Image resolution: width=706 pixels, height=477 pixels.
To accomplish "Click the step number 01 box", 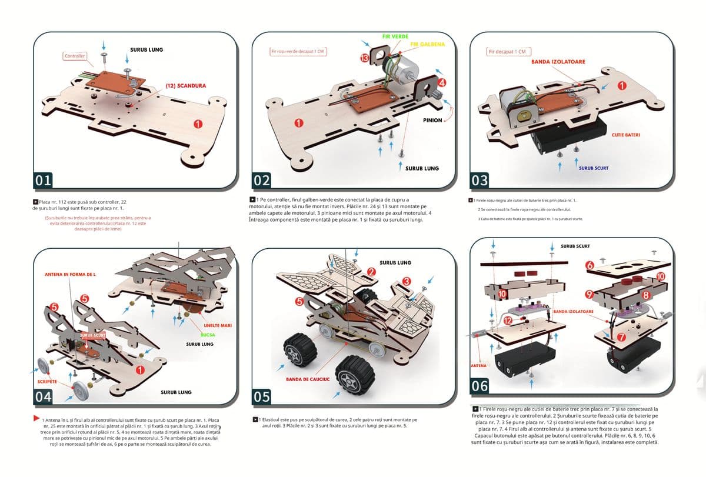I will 44,181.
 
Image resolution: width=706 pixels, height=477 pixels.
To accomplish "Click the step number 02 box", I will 262,181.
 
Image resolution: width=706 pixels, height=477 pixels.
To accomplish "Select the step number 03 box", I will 480,179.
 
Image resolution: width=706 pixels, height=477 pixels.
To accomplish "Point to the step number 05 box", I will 262,398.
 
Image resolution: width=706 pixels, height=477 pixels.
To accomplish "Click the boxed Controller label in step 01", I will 75,56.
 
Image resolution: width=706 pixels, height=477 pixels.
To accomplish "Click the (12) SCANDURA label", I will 185,85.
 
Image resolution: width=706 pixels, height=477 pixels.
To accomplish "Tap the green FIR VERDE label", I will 395,36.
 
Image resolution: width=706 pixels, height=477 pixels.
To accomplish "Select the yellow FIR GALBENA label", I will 428,45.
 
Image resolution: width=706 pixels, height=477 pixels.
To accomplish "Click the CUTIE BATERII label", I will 626,135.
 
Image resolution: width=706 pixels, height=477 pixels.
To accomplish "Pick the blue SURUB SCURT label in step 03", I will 593,168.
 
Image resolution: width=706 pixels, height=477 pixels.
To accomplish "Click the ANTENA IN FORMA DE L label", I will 70,275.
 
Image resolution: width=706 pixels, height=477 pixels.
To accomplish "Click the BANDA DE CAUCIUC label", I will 308,379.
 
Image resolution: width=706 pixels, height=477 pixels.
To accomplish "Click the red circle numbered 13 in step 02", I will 365,58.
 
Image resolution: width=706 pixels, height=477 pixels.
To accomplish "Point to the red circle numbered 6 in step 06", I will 590,266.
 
